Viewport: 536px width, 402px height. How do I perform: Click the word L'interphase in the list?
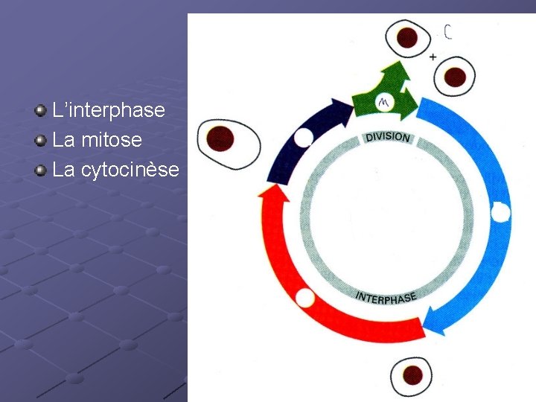(109, 110)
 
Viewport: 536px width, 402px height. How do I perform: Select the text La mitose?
(98, 140)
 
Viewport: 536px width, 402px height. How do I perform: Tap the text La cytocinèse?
(116, 170)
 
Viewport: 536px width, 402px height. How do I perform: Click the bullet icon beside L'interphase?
(41, 111)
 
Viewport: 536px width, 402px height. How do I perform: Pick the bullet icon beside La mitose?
(41, 141)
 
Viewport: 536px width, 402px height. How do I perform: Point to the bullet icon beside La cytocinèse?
(41, 170)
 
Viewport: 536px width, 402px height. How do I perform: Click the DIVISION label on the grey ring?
(387, 137)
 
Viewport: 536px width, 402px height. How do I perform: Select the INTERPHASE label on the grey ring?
(386, 297)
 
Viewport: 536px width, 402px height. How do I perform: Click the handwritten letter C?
(448, 32)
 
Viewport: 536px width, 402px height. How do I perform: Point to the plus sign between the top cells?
(433, 57)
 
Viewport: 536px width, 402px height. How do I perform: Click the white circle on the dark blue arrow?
(303, 138)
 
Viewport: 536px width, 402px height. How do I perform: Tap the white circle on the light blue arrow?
(501, 213)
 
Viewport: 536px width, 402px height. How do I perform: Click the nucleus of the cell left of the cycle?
(220, 138)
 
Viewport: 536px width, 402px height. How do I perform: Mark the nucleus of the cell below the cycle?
(411, 374)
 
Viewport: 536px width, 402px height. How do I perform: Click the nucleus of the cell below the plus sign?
(455, 77)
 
